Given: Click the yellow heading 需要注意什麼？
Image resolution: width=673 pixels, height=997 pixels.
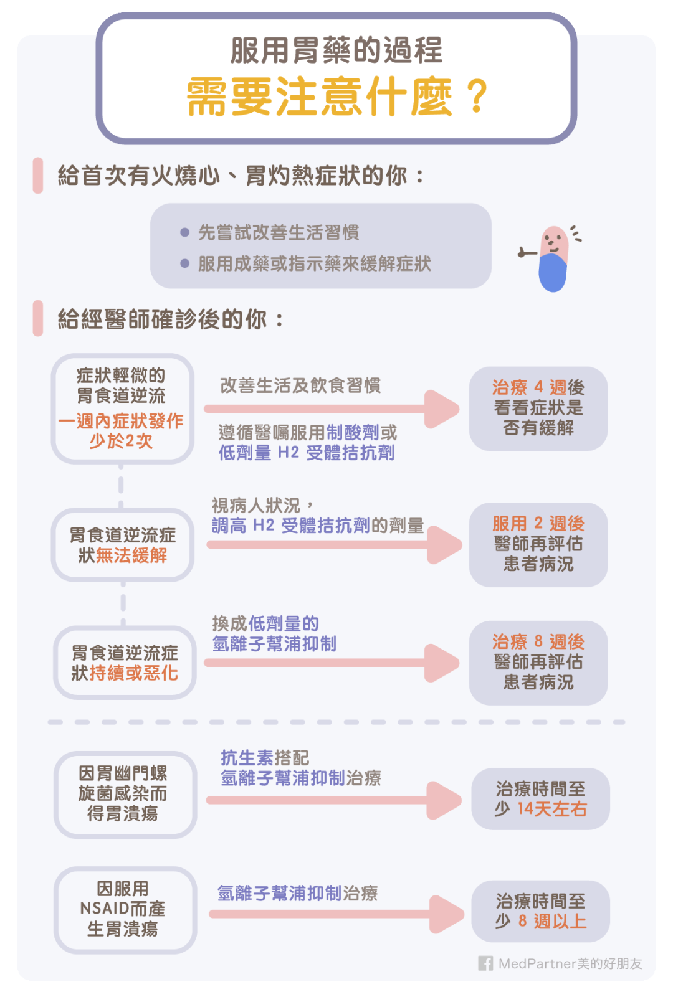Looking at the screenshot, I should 336,97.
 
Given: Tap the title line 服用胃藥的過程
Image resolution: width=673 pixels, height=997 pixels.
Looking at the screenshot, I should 336,50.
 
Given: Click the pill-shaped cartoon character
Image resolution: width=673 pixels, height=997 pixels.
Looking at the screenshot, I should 553,258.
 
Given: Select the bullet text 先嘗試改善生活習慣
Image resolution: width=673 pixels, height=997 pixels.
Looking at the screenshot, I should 278,233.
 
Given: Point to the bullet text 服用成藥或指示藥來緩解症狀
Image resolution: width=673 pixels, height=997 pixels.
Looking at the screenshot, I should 314,264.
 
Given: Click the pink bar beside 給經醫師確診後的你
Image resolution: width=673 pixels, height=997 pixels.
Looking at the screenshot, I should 38,318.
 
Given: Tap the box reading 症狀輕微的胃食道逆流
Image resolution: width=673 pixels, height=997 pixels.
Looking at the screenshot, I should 122,408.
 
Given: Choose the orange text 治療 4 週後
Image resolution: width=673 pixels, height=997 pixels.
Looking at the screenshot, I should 538,387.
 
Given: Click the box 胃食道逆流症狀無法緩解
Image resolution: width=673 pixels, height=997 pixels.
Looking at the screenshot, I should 122,545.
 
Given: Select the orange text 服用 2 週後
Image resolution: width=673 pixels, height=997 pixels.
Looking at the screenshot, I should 538,523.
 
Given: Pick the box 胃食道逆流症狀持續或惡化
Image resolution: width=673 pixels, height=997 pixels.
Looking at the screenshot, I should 125,663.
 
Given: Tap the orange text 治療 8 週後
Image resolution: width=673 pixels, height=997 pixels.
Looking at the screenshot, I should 538,641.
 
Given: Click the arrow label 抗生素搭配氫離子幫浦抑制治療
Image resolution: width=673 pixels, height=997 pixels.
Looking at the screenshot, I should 300,768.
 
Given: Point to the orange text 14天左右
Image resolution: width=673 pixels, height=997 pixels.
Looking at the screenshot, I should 552,809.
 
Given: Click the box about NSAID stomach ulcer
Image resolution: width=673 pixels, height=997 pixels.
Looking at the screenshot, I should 125,909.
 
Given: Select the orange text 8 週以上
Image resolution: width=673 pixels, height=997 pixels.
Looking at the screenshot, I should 552,921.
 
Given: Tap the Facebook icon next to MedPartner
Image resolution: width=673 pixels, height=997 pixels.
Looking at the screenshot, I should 485,963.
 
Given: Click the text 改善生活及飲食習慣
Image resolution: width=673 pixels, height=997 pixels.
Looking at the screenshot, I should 300,385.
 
